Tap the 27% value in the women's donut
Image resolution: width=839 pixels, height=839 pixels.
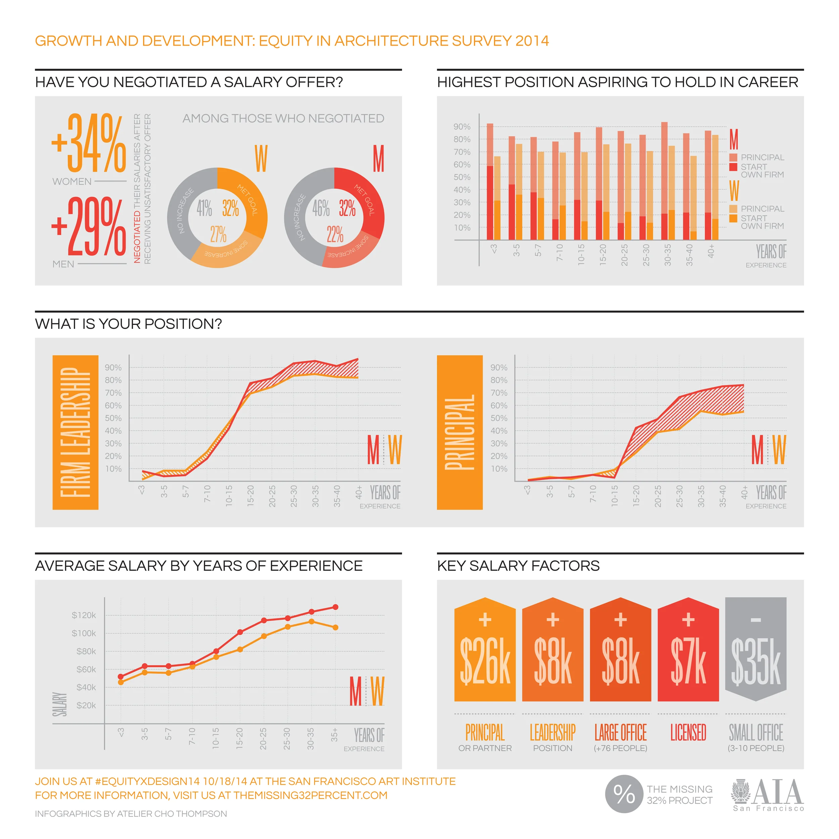(218, 235)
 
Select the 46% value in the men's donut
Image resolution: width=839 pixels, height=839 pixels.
(321, 208)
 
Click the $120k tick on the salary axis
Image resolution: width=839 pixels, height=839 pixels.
(84, 615)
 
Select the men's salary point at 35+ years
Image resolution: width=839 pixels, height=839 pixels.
(335, 607)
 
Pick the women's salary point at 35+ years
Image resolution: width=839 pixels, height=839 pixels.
(335, 627)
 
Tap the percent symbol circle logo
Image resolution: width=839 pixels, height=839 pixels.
(624, 794)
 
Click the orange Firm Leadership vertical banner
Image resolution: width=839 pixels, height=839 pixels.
(75, 432)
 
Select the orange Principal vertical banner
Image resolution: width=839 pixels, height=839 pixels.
(459, 432)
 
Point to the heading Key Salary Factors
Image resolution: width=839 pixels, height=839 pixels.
(518, 565)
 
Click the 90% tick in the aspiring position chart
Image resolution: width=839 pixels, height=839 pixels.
(462, 127)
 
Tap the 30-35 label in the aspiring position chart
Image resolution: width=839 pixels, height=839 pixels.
(668, 255)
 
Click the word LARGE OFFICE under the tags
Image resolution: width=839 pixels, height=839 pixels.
(620, 732)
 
